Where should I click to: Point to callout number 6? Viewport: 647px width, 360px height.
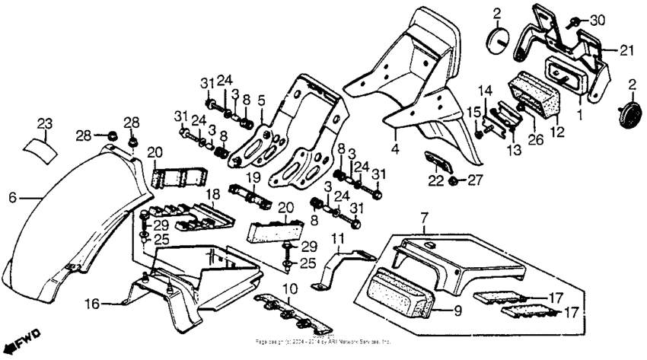12,196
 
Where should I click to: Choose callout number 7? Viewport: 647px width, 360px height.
423,218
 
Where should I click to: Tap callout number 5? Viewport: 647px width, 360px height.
260,99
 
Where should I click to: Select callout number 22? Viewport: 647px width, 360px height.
435,180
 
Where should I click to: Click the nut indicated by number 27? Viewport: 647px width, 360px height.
454,180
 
